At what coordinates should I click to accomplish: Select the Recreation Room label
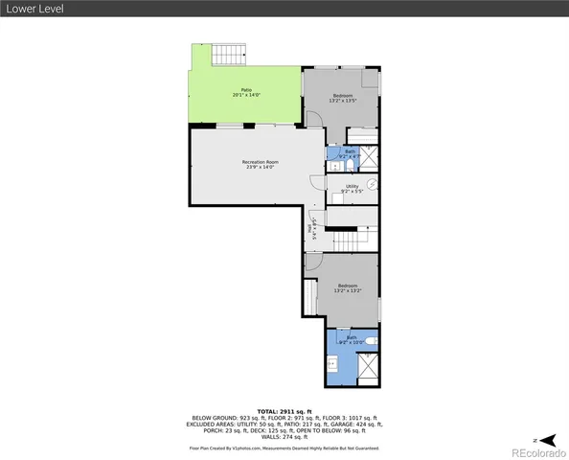[x=259, y=165]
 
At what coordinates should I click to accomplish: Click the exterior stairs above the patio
[x=229, y=55]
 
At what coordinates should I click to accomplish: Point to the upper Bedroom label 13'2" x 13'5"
[x=344, y=99]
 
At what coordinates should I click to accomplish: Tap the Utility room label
[x=352, y=189]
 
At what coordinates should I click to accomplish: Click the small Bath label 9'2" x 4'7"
[x=350, y=153]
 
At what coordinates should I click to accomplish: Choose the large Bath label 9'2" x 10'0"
[x=351, y=339]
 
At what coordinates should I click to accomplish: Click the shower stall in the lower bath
[x=367, y=368]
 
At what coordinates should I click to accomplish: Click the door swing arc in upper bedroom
[x=314, y=118]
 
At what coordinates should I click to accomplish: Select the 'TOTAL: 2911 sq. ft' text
[x=284, y=410]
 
